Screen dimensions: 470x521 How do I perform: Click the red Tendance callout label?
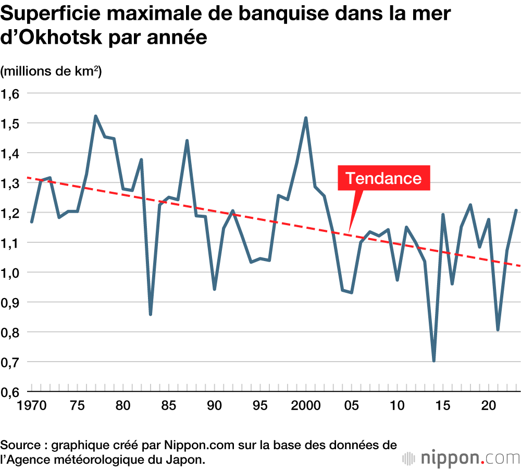pos(384,178)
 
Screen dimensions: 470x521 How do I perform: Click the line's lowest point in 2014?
pos(433,361)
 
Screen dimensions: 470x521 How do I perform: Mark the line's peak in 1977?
pos(96,116)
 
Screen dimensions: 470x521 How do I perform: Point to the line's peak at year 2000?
pos(306,118)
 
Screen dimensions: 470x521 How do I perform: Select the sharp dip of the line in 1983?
pos(151,314)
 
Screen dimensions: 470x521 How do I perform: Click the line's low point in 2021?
pos(498,330)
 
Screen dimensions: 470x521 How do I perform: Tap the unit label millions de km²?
pos(51,71)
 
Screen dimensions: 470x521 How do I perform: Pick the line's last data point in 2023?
pos(516,211)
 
